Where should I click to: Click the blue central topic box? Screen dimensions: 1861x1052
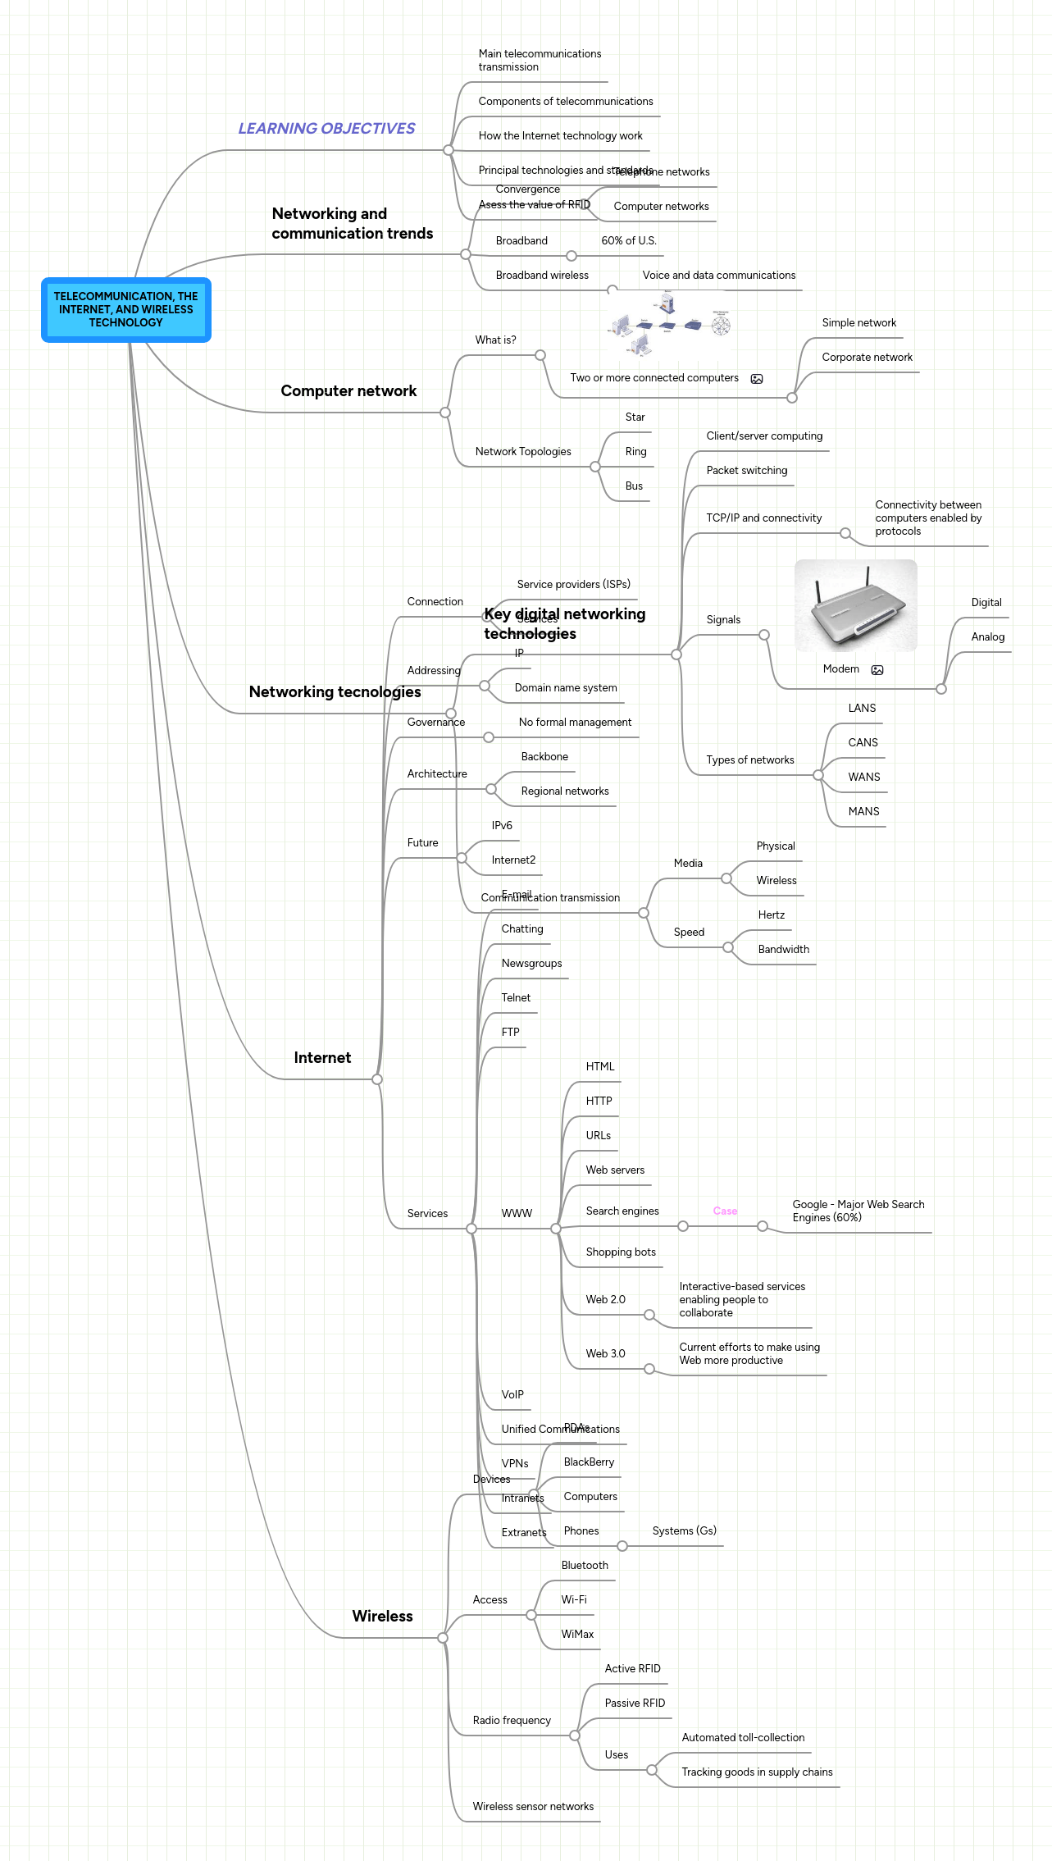[x=126, y=310]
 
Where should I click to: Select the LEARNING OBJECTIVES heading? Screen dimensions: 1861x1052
[x=326, y=129]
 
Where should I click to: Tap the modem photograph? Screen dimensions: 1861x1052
[x=855, y=606]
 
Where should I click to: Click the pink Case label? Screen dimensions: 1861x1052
[x=725, y=1211]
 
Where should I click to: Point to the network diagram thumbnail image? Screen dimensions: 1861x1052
[x=669, y=326]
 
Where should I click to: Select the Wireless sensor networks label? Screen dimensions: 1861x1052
[x=533, y=1807]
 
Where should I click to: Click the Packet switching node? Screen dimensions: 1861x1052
[x=746, y=471]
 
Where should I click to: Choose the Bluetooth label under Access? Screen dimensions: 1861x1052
[x=585, y=1566]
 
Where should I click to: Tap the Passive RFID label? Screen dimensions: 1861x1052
[x=635, y=1704]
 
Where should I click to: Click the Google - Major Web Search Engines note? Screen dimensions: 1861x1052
[x=858, y=1211]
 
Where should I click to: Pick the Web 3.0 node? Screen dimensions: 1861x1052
[x=605, y=1354]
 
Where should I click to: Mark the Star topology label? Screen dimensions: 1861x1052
[x=635, y=417]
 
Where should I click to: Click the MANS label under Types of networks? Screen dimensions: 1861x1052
[x=863, y=812]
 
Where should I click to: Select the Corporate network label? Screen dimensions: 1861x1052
[x=867, y=358]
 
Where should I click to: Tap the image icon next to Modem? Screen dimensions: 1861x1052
[x=877, y=670]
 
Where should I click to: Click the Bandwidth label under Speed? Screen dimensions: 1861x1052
[x=783, y=950]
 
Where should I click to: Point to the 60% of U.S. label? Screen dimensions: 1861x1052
[x=629, y=241]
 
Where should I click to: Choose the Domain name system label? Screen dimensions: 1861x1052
[x=566, y=688]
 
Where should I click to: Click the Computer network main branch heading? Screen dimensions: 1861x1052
[x=348, y=391]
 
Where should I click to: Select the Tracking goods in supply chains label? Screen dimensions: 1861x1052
[x=757, y=1772]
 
